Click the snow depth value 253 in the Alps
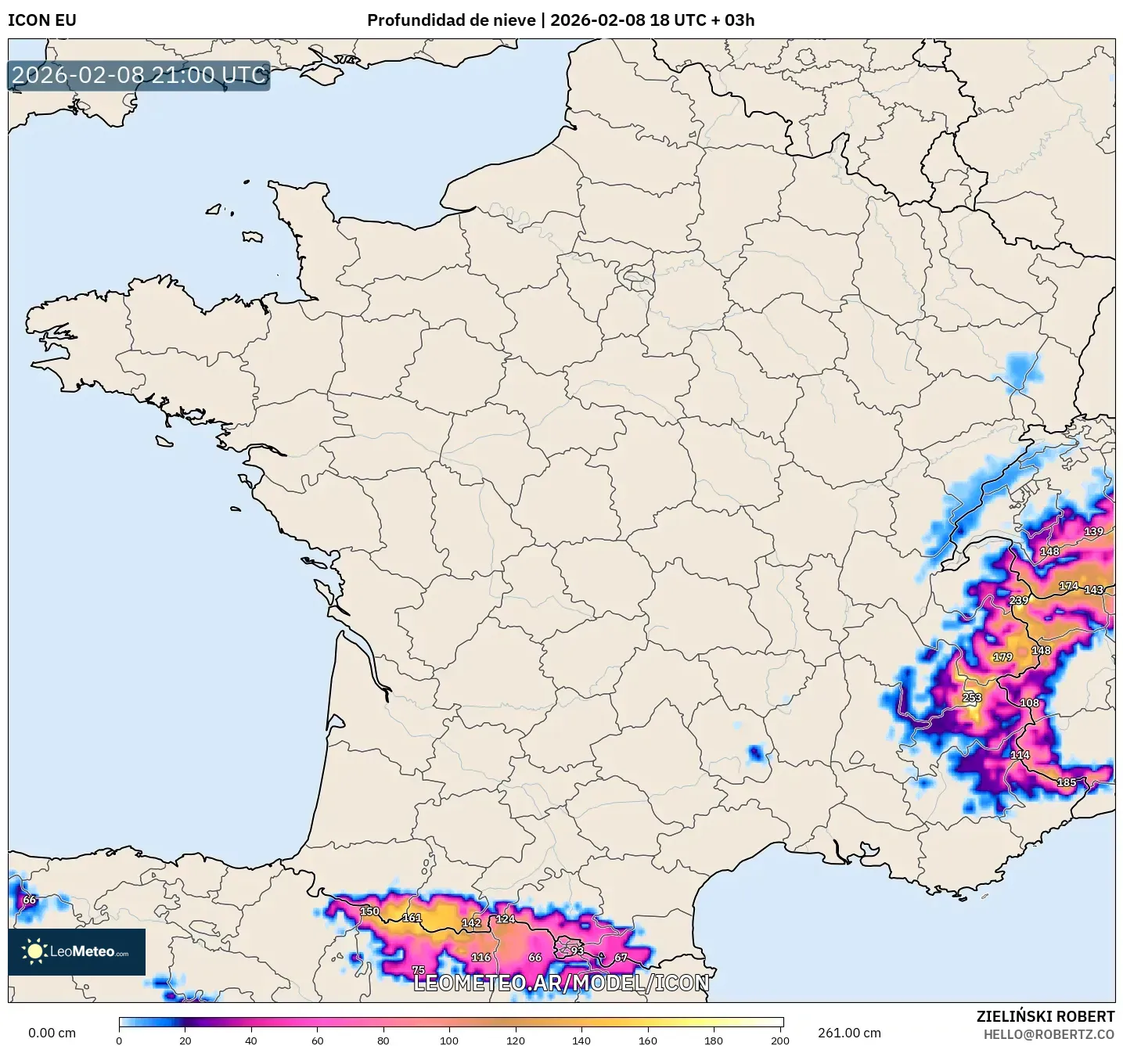971,698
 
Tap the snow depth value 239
1019,601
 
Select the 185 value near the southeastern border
1067,782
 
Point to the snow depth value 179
1002,657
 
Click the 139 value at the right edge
1093,532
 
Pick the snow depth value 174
1068,586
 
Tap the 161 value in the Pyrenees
412,918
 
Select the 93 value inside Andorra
577,951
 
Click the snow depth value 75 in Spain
419,970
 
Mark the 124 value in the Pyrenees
506,918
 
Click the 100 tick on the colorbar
449,1040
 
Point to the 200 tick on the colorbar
779,1040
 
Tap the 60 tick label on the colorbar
317,1040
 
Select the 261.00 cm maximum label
849,1033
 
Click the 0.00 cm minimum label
52,1033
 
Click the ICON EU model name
42,20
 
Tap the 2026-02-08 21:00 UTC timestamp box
139,75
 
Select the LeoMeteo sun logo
34,951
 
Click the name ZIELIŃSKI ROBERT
1046,1016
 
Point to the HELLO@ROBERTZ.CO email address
1049,1034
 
